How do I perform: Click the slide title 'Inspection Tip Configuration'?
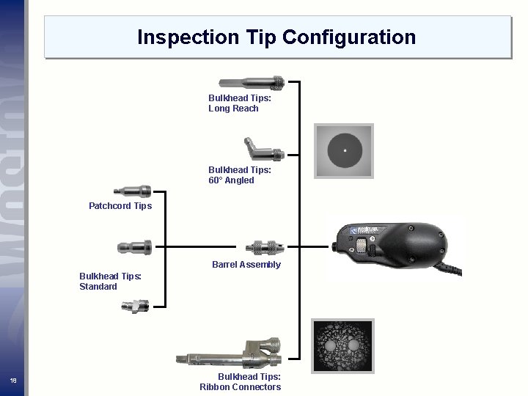(x=276, y=37)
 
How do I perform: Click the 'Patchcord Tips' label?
(x=120, y=206)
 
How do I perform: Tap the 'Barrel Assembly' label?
(x=246, y=265)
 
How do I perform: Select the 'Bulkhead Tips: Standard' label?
(x=111, y=282)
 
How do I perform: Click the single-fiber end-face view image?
(x=344, y=152)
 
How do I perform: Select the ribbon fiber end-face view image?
(x=343, y=347)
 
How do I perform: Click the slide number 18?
(x=13, y=380)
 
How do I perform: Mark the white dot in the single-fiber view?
(x=344, y=152)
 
